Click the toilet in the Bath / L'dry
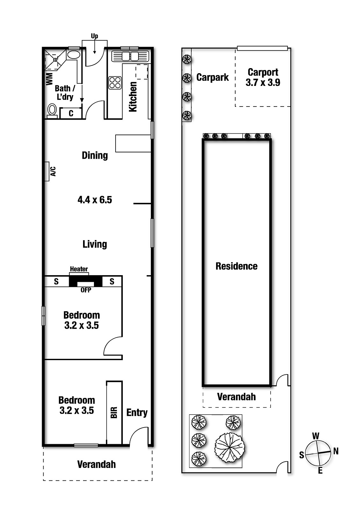52,110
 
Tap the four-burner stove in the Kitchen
115,83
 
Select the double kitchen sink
130,56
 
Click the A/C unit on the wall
47,171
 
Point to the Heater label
79,269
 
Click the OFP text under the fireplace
86,290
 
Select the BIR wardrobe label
114,412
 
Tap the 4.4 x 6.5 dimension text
95,200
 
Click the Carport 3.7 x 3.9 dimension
263,83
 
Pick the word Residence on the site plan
236,266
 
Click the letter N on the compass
335,451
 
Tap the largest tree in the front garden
230,447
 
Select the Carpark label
212,77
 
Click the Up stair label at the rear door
95,36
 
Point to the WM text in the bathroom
49,79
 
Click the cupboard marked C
71,113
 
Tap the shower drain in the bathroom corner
55,59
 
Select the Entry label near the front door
137,413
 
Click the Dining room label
95,155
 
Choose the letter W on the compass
316,436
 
